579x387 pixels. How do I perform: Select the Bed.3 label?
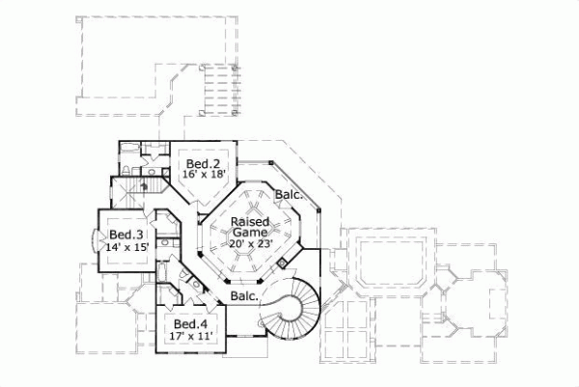click(x=125, y=235)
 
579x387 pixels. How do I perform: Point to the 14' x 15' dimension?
click(x=125, y=246)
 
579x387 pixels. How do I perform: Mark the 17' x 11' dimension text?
click(x=189, y=336)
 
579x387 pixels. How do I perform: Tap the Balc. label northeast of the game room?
click(x=289, y=195)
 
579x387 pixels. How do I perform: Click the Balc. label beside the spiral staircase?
click(x=243, y=296)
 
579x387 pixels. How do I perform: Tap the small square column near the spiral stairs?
click(x=284, y=261)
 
